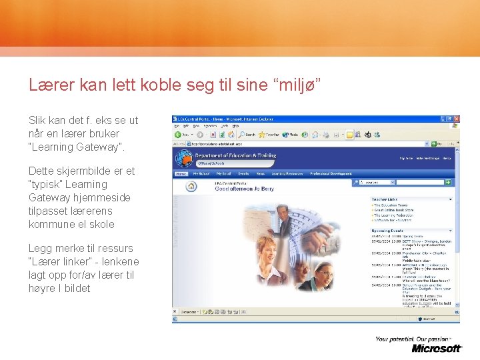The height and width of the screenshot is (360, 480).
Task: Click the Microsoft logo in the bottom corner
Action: (x=437, y=348)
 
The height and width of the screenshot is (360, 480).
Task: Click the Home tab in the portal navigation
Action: (x=181, y=174)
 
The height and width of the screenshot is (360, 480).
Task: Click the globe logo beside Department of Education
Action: (x=184, y=159)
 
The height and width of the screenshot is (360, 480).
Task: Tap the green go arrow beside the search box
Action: (x=448, y=182)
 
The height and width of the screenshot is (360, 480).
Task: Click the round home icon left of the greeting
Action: (x=191, y=187)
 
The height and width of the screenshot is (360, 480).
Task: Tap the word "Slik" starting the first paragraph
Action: (x=38, y=120)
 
